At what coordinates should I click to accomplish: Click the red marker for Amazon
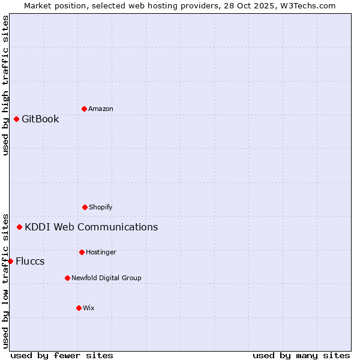pos(84,109)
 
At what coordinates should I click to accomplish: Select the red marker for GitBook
pos(16,119)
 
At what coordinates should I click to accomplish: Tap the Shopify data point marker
pos(85,207)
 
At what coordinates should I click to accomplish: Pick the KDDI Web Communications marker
pos(19,227)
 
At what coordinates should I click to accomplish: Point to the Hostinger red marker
pos(82,252)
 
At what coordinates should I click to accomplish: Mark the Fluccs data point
pos(10,261)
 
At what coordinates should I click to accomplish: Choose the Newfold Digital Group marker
pos(67,278)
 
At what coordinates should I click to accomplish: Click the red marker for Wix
pos(79,308)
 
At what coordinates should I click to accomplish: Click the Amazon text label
pos(101,109)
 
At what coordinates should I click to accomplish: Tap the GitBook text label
pos(40,119)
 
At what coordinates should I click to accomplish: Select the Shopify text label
pos(101,207)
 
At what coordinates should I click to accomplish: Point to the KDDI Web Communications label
pos(91,227)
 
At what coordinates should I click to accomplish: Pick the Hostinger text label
pos(101,252)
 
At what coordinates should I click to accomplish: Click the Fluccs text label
pos(30,261)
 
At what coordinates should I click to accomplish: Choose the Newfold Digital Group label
pos(106,278)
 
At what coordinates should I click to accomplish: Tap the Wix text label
pos(89,308)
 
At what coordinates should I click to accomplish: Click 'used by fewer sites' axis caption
pos(62,355)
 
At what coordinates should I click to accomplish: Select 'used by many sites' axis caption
pos(301,355)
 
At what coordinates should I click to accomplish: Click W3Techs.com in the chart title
pos(308,5)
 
